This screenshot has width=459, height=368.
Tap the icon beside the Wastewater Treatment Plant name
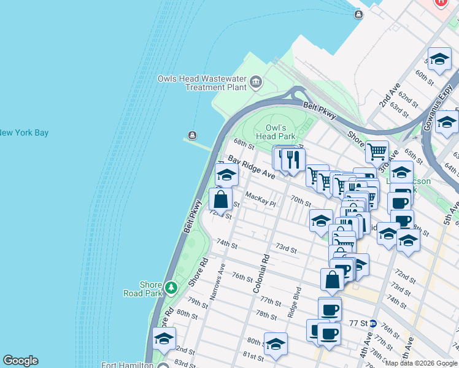pyautogui.click(x=256, y=82)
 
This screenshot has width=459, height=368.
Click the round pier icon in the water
pyautogui.click(x=193, y=135)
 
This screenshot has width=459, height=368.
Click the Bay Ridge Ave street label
pyautogui.click(x=251, y=167)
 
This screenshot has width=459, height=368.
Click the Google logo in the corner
pyautogui.click(x=20, y=361)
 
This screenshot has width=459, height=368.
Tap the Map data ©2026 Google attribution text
pyautogui.click(x=421, y=363)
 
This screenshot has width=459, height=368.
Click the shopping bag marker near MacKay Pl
pyautogui.click(x=221, y=199)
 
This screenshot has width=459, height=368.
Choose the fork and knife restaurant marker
pyautogui.click(x=293, y=159)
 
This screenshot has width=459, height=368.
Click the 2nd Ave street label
pyautogui.click(x=390, y=95)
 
